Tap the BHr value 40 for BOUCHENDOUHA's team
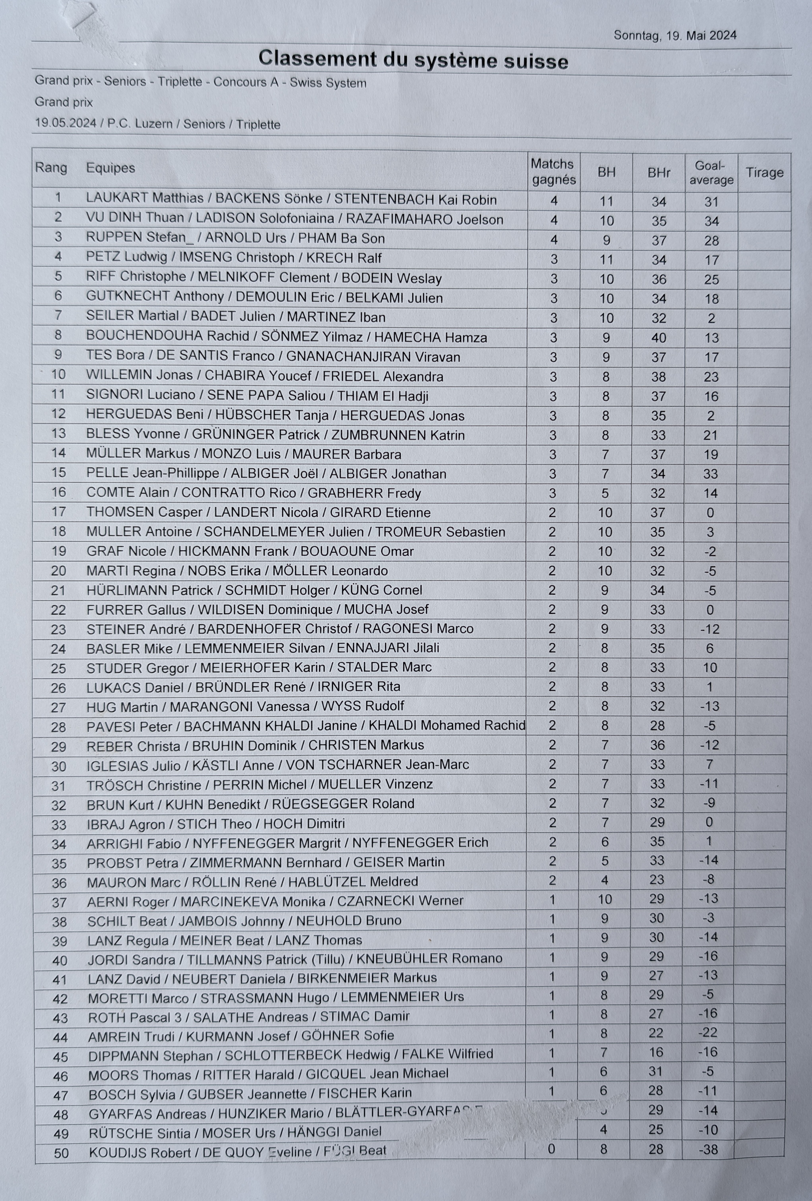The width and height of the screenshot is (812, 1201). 658,338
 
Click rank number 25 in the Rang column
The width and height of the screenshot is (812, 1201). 58,668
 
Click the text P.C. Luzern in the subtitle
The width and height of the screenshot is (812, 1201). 140,124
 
